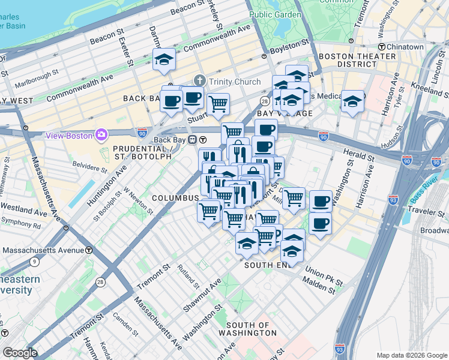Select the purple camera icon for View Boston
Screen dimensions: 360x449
(x=101, y=134)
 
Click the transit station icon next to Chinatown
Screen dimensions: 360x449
(x=381, y=46)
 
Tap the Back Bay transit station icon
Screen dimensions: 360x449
(x=193, y=140)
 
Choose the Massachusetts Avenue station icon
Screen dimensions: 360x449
(x=89, y=250)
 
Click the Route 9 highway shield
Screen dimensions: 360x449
(x=34, y=261)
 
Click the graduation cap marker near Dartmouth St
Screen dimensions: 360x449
(x=164, y=59)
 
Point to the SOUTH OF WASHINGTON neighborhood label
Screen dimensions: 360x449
(x=247, y=328)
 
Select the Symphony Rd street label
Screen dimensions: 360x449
(x=21, y=227)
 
